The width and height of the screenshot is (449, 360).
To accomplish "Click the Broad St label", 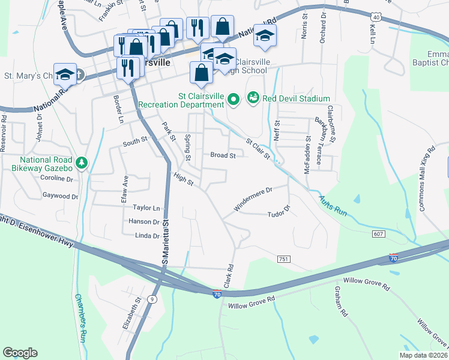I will [x=222, y=155].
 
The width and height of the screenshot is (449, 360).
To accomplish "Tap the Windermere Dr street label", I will [x=253, y=199].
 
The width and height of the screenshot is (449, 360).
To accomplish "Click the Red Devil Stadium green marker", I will [x=253, y=98].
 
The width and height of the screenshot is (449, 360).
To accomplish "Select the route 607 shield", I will [x=378, y=233].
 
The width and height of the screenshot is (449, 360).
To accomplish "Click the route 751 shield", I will [x=284, y=259].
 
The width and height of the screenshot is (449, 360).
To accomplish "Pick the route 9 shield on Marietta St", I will [x=153, y=298].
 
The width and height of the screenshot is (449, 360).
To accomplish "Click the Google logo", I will [x=20, y=353].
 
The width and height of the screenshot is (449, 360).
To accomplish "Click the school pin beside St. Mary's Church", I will [x=65, y=74].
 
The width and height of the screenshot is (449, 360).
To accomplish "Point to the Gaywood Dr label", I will [x=61, y=196].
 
